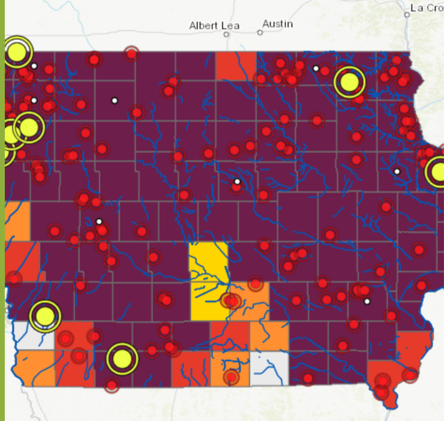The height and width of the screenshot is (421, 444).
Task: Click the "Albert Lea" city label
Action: (214, 26)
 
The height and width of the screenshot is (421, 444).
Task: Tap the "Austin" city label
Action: (277, 24)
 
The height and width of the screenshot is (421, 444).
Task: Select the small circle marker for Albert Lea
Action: (226, 34)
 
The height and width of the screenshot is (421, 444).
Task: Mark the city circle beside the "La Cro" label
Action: (406, 15)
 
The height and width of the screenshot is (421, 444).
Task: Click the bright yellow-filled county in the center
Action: (208, 281)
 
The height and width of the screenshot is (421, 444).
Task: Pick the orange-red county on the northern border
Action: (236, 66)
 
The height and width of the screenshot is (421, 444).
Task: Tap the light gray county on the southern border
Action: (269, 369)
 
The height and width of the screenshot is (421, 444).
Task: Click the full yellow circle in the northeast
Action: (349, 82)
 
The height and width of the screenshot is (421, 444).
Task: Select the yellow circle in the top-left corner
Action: (18, 53)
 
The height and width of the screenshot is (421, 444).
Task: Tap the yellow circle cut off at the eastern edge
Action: (438, 172)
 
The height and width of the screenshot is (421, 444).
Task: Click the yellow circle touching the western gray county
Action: (45, 316)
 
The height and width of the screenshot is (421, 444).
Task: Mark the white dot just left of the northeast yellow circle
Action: (316, 69)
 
